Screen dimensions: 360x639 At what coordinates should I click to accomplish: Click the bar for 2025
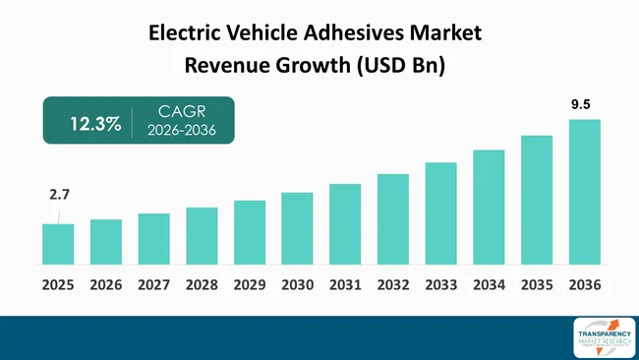[58, 244]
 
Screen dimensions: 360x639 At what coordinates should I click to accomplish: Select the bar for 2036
[584, 192]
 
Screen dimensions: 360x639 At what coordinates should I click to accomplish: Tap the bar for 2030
[297, 228]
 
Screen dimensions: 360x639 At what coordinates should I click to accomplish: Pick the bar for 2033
[440, 213]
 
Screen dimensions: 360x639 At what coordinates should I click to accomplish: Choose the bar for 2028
[202, 236]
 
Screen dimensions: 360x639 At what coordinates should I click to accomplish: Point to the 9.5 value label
[584, 103]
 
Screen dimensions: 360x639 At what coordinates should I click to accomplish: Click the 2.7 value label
[59, 197]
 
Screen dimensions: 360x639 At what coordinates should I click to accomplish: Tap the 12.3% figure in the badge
[94, 124]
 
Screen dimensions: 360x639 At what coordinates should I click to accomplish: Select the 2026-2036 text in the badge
[181, 132]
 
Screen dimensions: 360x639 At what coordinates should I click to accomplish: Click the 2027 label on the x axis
[153, 285]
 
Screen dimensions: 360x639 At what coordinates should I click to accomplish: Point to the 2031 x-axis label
[345, 285]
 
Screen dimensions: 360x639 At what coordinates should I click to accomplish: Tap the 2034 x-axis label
[489, 285]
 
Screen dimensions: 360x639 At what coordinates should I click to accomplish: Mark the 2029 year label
[250, 285]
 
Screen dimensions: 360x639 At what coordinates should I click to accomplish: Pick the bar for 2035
[536, 200]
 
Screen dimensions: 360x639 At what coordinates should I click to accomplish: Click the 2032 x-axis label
[393, 285]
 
